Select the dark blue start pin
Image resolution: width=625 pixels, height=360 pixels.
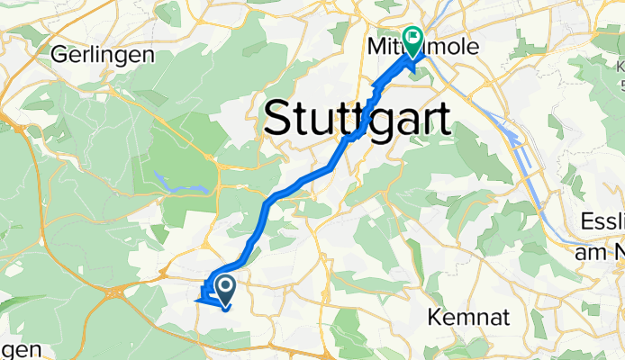(225, 289)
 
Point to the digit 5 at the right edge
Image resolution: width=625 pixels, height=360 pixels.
(621, 84)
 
